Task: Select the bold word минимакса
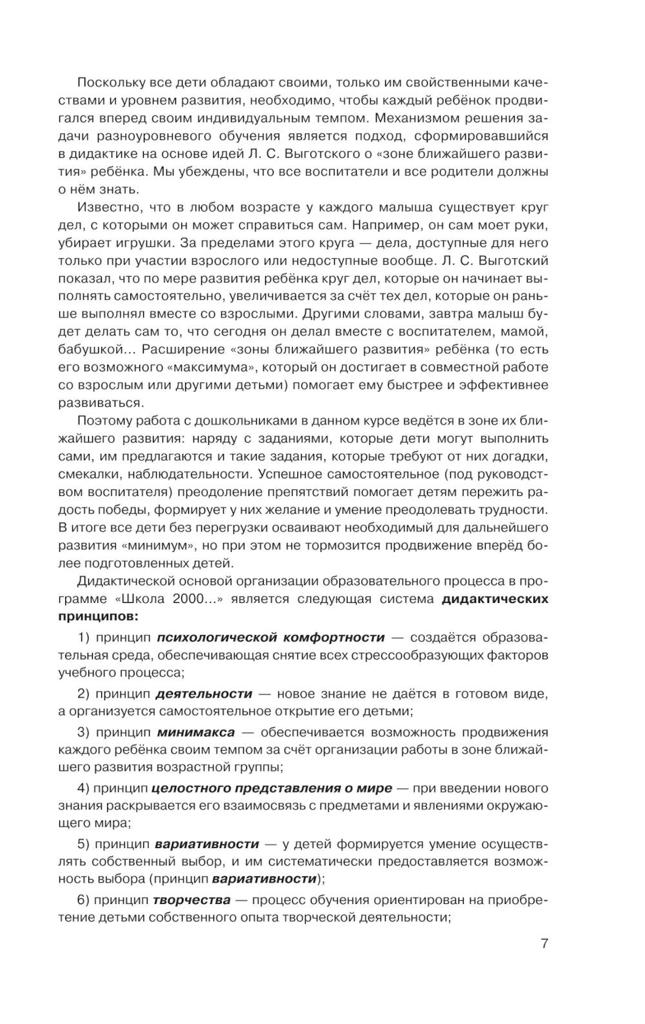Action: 195,733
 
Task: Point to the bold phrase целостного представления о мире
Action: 272,788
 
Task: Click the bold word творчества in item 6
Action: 192,900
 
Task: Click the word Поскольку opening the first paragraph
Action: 107,83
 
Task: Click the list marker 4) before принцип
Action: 83,788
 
